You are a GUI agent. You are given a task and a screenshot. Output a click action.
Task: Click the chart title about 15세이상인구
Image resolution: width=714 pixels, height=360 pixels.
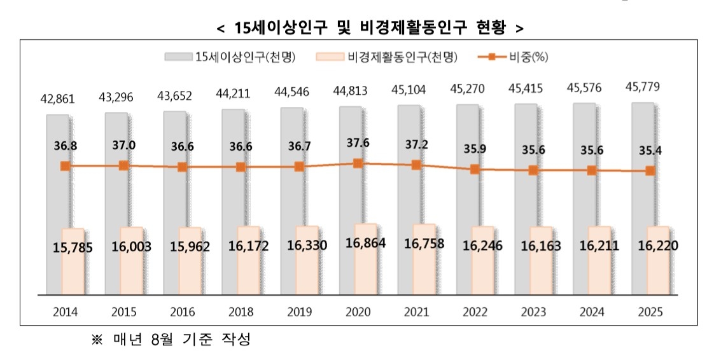[370, 28]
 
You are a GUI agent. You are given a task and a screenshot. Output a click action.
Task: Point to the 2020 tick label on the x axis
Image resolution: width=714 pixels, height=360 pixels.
[358, 312]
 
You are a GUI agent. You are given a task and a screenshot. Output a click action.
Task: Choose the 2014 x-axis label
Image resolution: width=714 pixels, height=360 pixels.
[66, 312]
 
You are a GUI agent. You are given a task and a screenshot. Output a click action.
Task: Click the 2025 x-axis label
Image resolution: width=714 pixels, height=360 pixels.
[650, 312]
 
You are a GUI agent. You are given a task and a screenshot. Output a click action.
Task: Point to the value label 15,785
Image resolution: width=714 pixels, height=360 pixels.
[73, 247]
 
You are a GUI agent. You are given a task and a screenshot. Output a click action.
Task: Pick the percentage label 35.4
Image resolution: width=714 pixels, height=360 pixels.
[649, 151]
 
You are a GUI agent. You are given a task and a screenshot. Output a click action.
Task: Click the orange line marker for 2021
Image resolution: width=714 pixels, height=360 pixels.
[416, 165]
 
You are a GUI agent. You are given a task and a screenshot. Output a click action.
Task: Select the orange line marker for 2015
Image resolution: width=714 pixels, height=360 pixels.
[124, 165]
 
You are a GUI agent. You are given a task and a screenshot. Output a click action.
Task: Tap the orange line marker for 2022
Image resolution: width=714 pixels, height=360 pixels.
[475, 170]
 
